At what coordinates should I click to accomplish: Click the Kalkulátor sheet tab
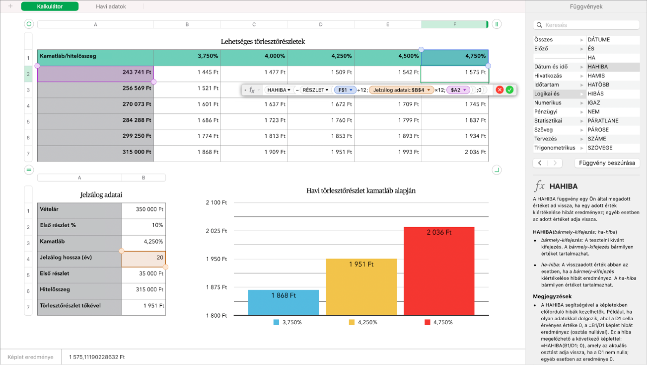pos(50,6)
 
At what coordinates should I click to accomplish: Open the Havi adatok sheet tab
pos(111,6)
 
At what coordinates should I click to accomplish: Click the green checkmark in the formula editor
pos(509,90)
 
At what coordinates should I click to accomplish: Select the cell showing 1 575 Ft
pos(454,73)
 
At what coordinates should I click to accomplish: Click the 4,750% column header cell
pos(454,56)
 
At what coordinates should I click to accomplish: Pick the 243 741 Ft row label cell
pos(95,73)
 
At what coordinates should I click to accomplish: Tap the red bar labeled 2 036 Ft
pos(438,271)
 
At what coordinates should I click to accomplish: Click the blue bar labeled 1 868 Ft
pos(283,302)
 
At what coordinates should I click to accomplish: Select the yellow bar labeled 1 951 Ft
pos(361,287)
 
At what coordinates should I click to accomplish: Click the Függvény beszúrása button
pos(607,163)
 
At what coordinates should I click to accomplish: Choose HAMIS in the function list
pos(596,76)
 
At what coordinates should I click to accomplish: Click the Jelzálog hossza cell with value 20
pos(144,258)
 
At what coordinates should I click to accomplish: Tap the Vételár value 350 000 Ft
pos(144,209)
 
